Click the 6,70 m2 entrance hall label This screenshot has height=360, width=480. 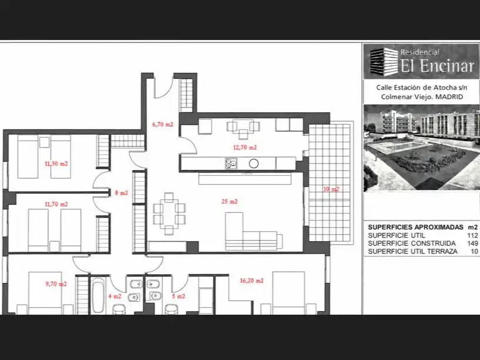tap(162, 124)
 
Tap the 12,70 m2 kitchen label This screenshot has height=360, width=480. tap(245, 148)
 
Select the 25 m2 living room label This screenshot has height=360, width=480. tap(229, 201)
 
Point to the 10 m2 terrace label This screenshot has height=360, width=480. tap(331, 189)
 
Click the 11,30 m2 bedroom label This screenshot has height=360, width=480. tap(56, 164)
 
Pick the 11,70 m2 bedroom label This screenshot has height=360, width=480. tap(56, 204)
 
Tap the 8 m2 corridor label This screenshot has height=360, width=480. tap(122, 193)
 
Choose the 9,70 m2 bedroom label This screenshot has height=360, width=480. tap(56, 284)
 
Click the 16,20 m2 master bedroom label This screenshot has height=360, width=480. tap(252, 281)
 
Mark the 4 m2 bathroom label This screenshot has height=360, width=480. tap(115, 296)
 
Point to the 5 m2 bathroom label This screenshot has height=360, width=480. tap(178, 296)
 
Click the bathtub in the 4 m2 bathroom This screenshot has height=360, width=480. tap(98, 296)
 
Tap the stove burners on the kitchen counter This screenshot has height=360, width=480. tap(231, 163)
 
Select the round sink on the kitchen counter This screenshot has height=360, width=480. tap(254, 164)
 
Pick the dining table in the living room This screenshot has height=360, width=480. tap(169, 214)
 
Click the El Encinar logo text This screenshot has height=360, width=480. tap(438, 65)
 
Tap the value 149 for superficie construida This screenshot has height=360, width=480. tap(473, 244)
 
